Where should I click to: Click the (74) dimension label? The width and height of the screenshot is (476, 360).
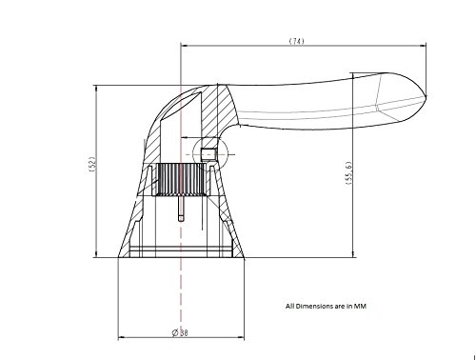(296, 41)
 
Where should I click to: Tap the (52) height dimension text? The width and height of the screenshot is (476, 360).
(92, 165)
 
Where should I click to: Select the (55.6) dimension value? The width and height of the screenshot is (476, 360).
(348, 173)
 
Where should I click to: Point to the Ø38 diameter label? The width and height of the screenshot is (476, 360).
(180, 332)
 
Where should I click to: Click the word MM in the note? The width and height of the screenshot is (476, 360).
(360, 307)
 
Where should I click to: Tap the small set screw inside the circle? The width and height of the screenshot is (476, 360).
(208, 154)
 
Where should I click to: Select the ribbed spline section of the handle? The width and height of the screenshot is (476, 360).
(181, 179)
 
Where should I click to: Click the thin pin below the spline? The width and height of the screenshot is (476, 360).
(181, 209)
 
